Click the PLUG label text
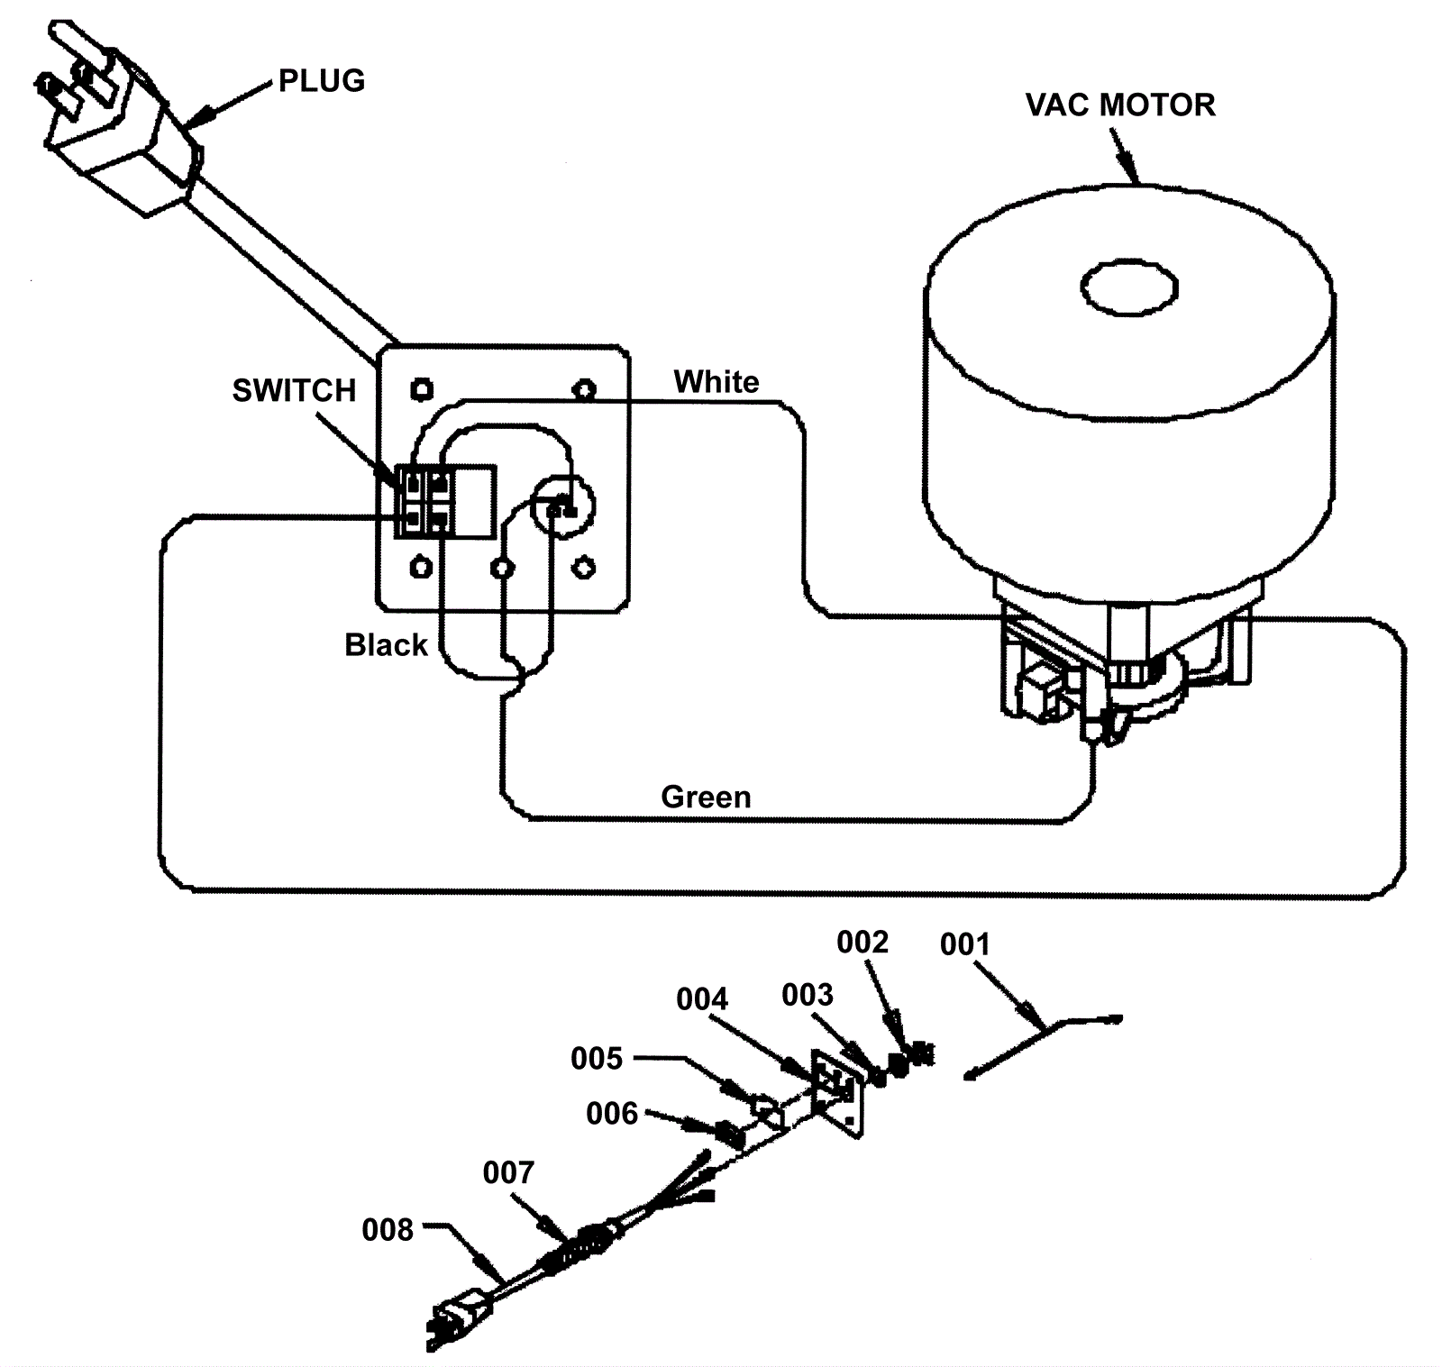tap(322, 81)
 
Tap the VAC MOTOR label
tap(1120, 105)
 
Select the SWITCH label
tap(294, 390)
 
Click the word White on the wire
tap(716, 382)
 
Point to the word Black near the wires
tap(386, 645)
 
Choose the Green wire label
tap(706, 797)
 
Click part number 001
tap(964, 944)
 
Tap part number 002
tap(862, 942)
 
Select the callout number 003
tap(808, 995)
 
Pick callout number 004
tap(702, 999)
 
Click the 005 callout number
tap(597, 1058)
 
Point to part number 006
tap(612, 1114)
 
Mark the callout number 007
tap(508, 1172)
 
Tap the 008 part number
tap(388, 1230)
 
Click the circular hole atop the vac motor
tap(1129, 288)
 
